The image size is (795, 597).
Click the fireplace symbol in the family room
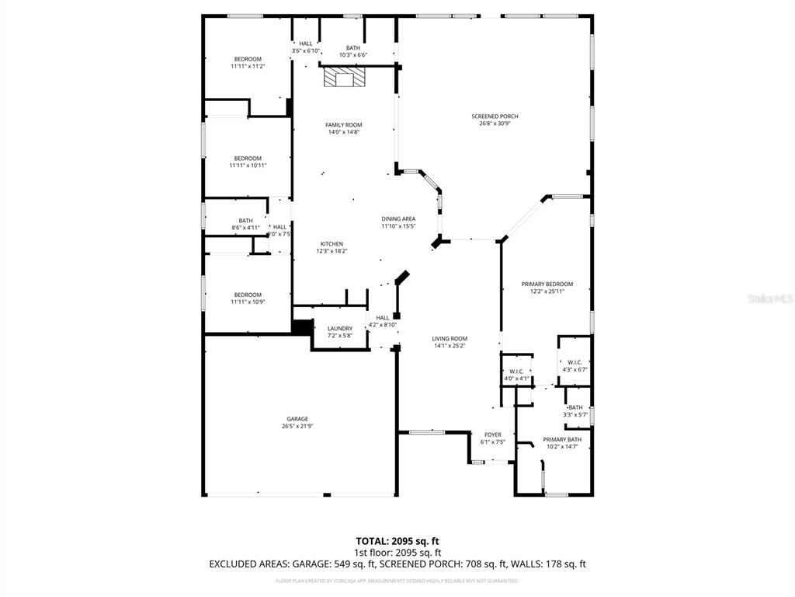tap(344, 78)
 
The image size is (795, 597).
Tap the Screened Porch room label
tap(495, 117)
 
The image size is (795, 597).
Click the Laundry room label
tap(340, 328)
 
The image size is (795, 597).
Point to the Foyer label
tap(493, 435)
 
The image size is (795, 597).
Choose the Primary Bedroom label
tap(547, 285)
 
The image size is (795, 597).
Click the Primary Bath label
tap(562, 439)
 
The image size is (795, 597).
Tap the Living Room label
tap(450, 338)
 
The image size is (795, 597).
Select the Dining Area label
tap(398, 219)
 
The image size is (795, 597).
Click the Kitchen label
tap(332, 244)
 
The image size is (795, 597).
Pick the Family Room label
tap(343, 125)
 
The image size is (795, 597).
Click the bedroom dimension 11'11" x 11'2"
tap(248, 67)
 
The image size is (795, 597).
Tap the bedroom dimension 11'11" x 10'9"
tap(248, 302)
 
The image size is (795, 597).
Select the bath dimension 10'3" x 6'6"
tap(353, 55)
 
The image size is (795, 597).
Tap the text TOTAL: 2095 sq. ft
tap(397, 541)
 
